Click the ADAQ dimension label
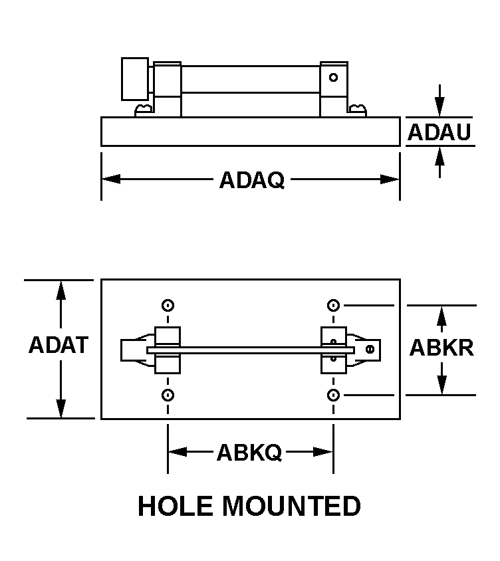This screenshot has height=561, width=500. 252,179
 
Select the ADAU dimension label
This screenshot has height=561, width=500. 439,132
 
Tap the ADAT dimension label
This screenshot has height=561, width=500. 59,345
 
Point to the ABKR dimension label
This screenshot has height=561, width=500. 441,348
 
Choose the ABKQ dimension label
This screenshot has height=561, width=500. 249,452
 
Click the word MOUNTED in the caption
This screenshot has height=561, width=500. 292,506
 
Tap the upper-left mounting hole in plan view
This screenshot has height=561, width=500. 168,306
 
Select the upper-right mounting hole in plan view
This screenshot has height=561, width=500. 333,306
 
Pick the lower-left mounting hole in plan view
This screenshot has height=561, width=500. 168,395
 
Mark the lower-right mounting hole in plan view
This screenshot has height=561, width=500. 333,395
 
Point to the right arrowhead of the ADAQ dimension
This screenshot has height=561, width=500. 390,179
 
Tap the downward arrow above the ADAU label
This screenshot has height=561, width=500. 439,101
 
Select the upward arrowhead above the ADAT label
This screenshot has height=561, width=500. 61,290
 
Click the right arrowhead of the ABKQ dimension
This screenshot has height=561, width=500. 323,452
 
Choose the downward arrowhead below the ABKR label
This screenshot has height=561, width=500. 442,385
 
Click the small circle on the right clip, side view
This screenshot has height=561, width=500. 333,77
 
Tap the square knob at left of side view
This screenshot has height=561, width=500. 135,78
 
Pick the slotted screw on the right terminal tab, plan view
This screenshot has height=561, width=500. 370,349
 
